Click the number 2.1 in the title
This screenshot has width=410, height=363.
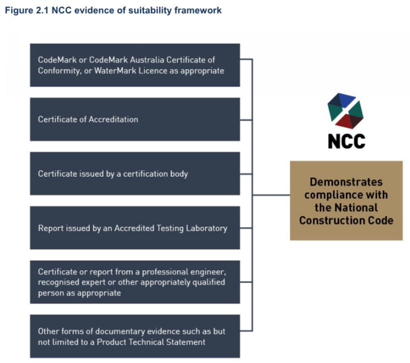pyautogui.click(x=42, y=10)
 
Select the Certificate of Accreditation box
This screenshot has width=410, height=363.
pyautogui.click(x=135, y=120)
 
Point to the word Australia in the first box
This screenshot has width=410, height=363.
pyautogui.click(x=147, y=60)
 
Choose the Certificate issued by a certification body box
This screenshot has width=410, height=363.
pyautogui.click(x=135, y=174)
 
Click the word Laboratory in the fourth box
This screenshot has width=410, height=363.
pyautogui.click(x=206, y=228)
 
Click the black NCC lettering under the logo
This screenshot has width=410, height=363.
pyautogui.click(x=347, y=141)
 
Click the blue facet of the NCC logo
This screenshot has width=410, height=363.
pyautogui.click(x=346, y=100)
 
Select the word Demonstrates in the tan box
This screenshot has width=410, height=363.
pyautogui.click(x=346, y=182)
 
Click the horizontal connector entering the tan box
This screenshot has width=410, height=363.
pyautogui.click(x=271, y=195)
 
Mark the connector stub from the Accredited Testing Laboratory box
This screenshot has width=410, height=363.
pyautogui.click(x=246, y=228)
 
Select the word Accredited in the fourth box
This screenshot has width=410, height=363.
pyautogui.click(x=134, y=228)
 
